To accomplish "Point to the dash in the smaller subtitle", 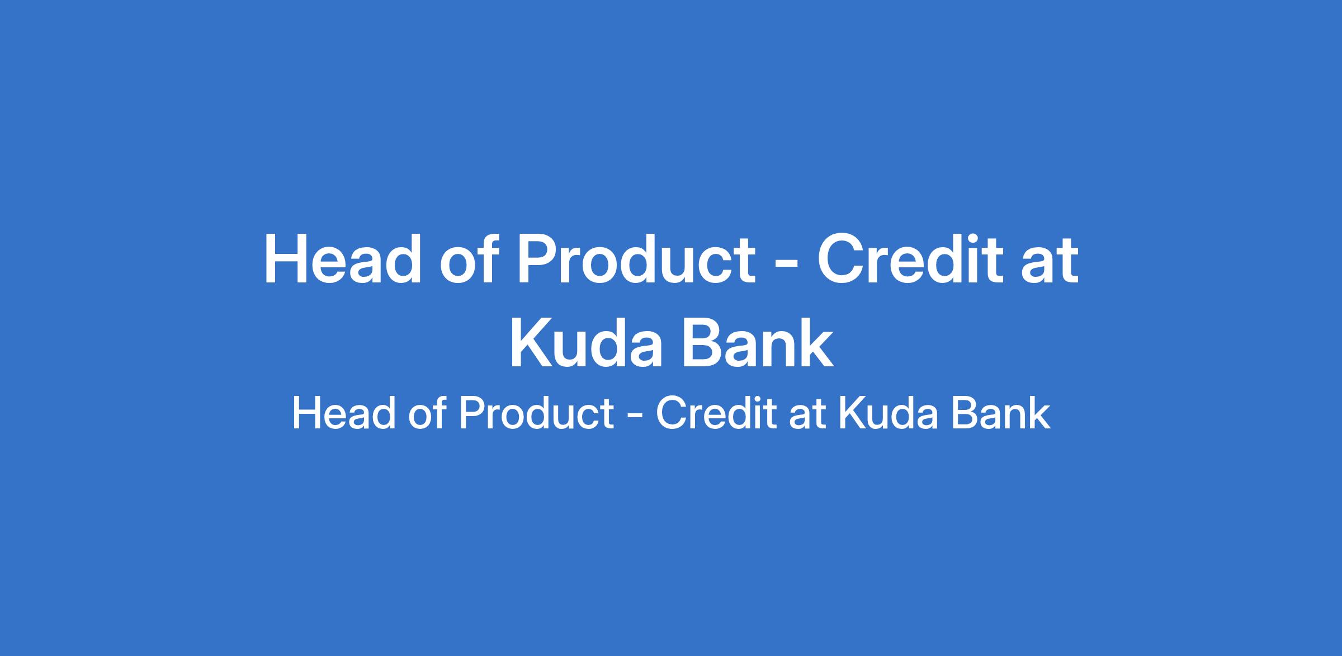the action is (x=635, y=418).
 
